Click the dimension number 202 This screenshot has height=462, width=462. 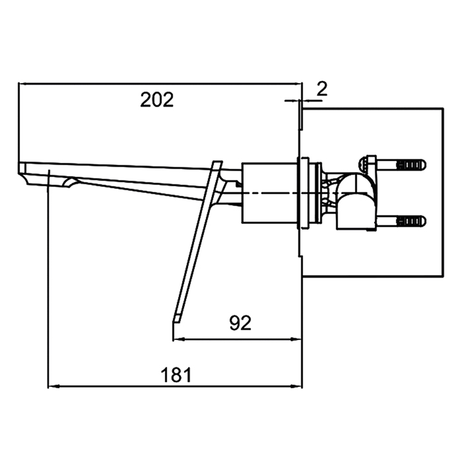157,100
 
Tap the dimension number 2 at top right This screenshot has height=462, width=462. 322,88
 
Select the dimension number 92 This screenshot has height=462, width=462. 240,323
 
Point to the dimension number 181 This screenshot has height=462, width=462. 176,375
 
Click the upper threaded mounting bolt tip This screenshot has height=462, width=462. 424,164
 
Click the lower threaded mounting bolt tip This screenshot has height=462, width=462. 424,221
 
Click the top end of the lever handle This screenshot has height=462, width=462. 217,162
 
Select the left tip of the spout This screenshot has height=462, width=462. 19,168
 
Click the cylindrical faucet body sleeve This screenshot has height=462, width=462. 269,193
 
